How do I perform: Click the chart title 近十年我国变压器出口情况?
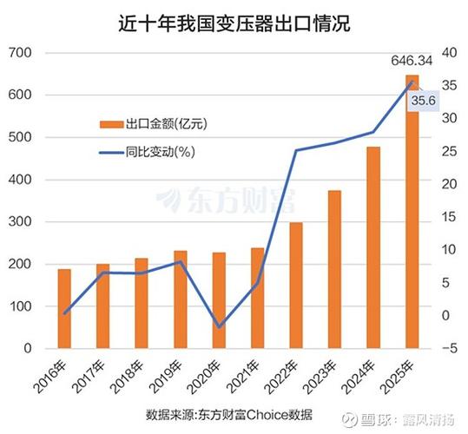[x=234, y=23]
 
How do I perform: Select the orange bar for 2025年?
[x=412, y=213]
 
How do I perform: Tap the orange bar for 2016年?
[x=64, y=309]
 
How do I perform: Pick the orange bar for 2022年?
[x=296, y=286]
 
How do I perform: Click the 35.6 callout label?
[x=424, y=102]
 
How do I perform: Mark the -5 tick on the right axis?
[x=447, y=349]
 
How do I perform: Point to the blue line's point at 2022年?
[x=296, y=151]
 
